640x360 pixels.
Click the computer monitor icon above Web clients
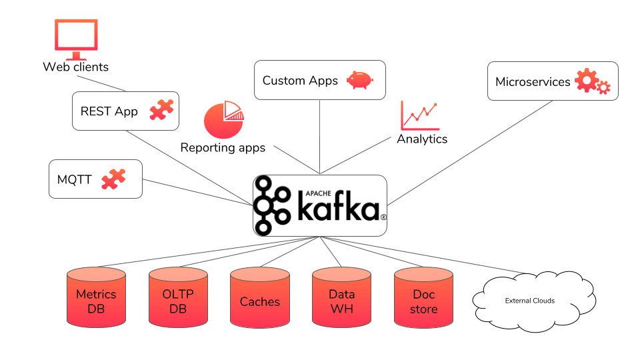point(75,38)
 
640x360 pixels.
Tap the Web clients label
point(75,67)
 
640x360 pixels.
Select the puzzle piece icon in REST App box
point(161,109)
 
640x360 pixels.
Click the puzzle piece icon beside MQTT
point(113,178)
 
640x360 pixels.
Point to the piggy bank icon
point(360,80)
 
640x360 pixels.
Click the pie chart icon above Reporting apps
point(224,119)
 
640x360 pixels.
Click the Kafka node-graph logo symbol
point(272,205)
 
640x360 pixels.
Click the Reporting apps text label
point(223,147)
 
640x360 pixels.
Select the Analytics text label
point(422,139)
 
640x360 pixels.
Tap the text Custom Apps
point(300,81)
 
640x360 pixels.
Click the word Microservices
point(533,82)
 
